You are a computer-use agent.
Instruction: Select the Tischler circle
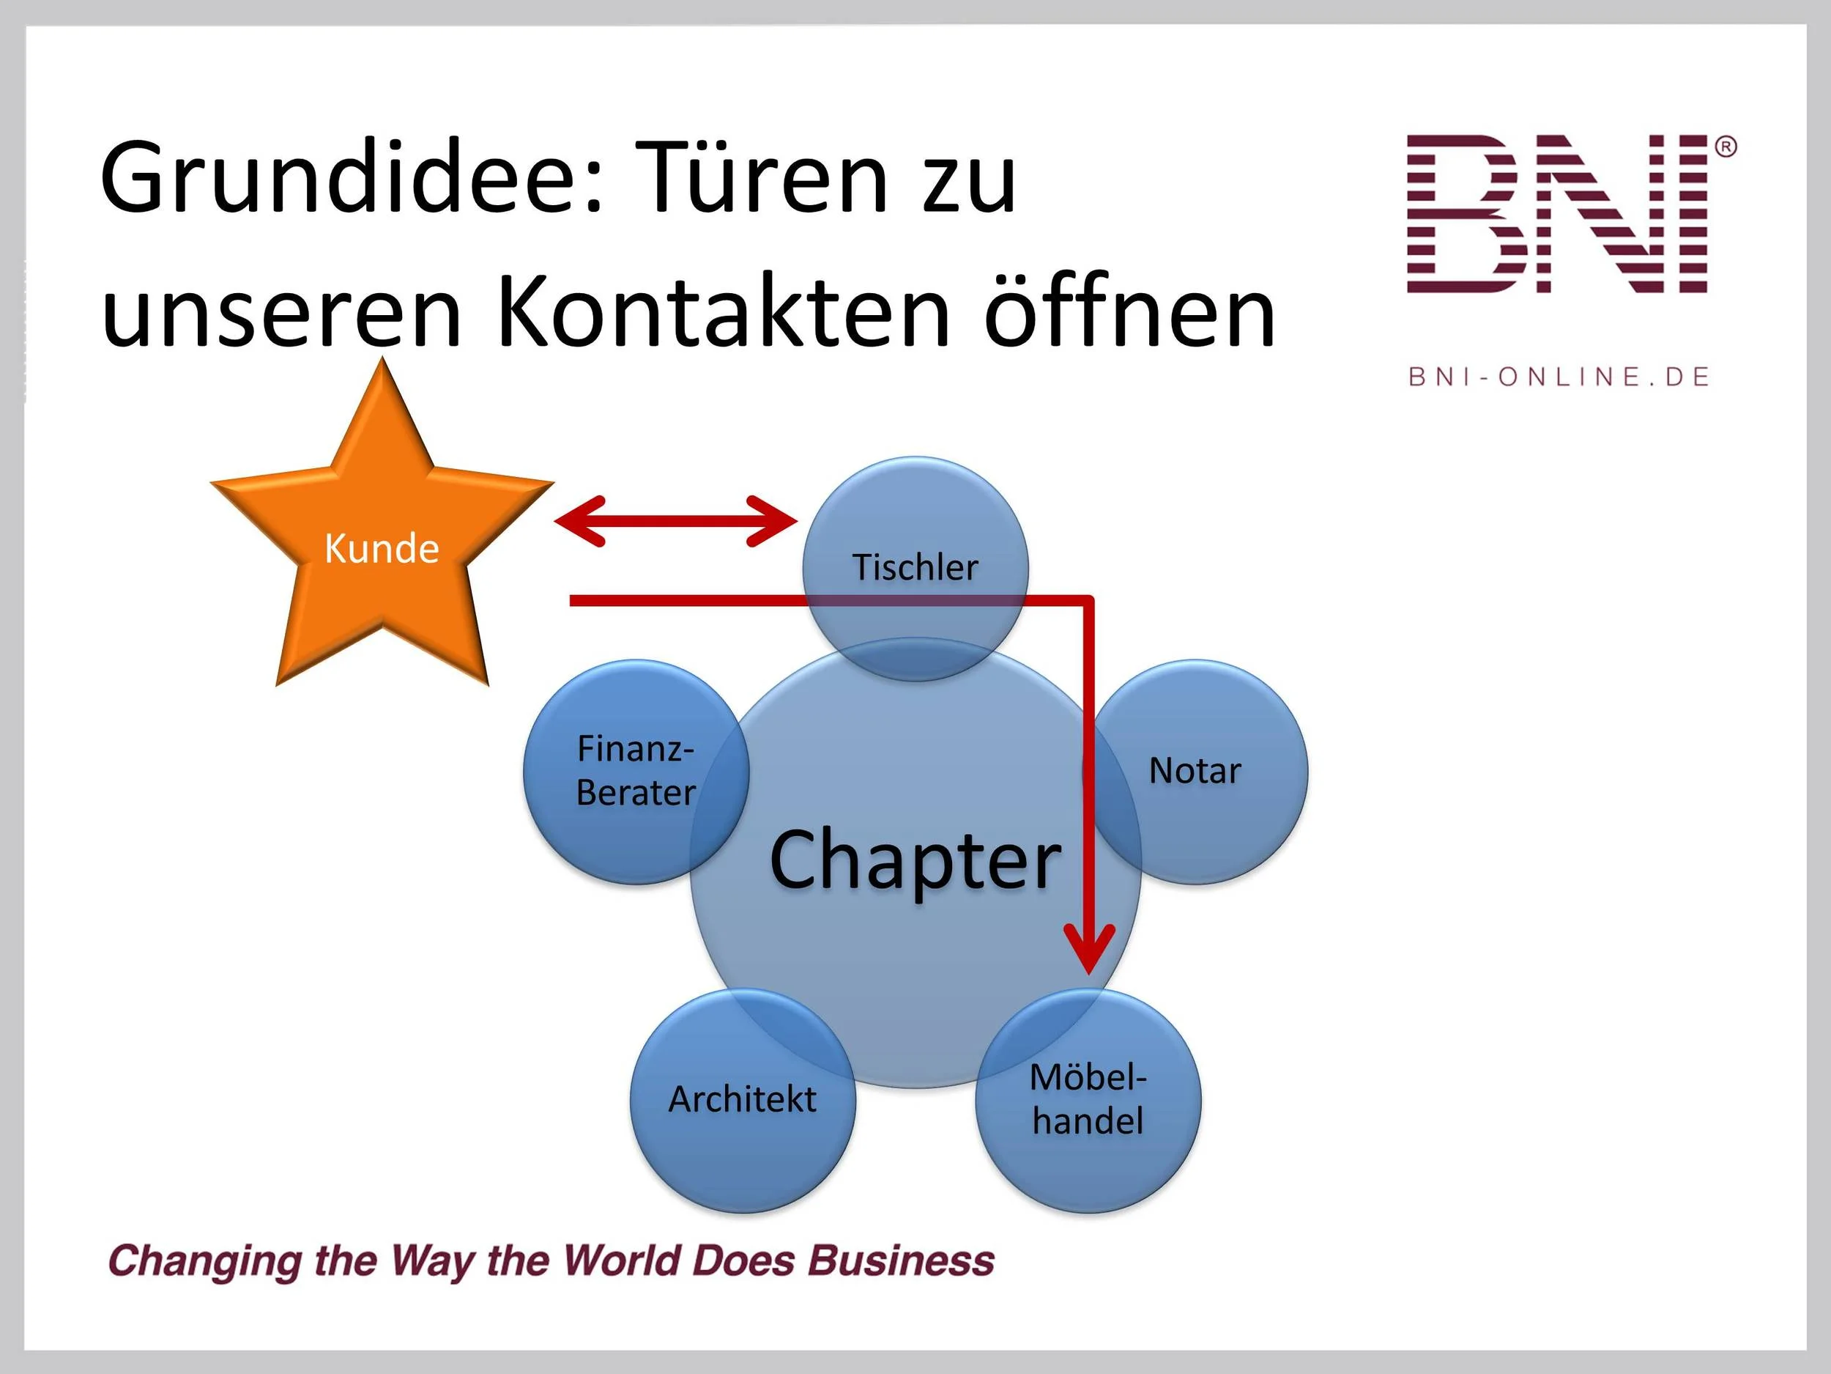coord(916,547)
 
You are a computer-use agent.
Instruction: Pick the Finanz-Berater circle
coord(635,771)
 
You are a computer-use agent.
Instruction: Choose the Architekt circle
coord(743,1100)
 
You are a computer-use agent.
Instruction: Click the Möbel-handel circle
coord(1088,1100)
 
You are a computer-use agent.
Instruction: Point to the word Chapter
coord(915,861)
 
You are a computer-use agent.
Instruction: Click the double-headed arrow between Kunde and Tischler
coord(675,521)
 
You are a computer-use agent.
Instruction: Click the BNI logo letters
coord(1556,214)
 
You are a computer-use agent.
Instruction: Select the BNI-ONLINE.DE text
coord(1559,377)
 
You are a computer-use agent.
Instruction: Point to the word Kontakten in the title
coord(723,312)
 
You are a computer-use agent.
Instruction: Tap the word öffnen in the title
coord(1129,312)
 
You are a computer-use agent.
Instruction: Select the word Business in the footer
coord(901,1260)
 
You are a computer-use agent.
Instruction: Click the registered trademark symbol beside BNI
coord(1725,147)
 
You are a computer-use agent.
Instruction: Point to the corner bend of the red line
coord(1088,600)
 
